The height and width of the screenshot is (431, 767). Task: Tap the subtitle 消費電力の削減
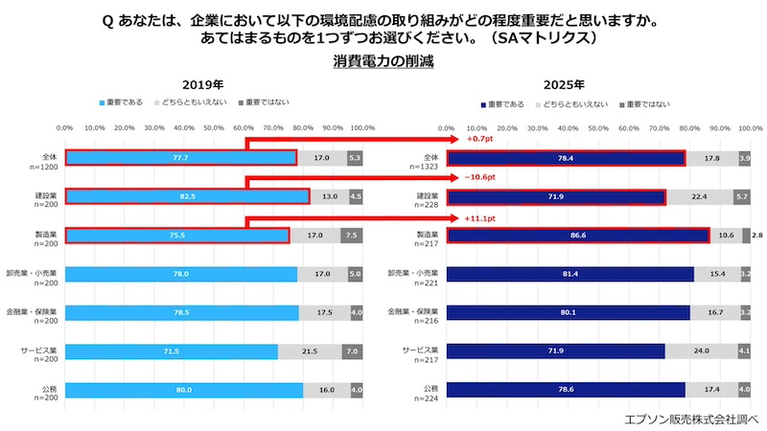(383, 62)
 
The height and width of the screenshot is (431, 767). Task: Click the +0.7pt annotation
(479, 139)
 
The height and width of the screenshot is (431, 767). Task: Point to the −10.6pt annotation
(481, 178)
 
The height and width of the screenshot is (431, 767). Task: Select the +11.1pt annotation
(480, 217)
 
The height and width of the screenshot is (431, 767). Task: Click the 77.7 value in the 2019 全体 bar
(179, 158)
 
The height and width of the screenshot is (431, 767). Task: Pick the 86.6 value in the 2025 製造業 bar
(575, 236)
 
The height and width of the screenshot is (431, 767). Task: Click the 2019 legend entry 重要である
(124, 102)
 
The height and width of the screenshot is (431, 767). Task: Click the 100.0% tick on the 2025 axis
(750, 126)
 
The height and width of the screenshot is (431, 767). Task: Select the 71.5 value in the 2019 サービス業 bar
(170, 352)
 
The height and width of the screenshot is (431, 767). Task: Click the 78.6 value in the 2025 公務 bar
(565, 390)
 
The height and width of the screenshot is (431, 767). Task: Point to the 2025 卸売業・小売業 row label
(413, 274)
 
